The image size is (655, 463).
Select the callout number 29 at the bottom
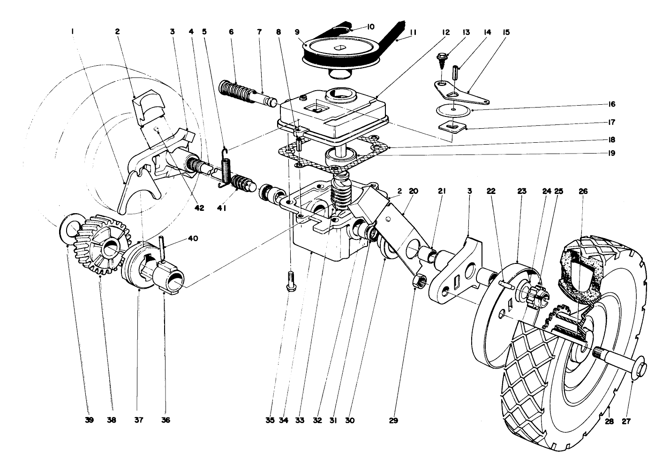(393, 421)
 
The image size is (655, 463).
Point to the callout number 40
(193, 239)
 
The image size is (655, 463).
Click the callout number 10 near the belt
(370, 27)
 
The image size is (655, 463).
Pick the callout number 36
(166, 420)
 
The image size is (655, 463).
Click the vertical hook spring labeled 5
(226, 168)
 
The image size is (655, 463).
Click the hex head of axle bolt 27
(640, 371)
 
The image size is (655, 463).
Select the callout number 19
(611, 153)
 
